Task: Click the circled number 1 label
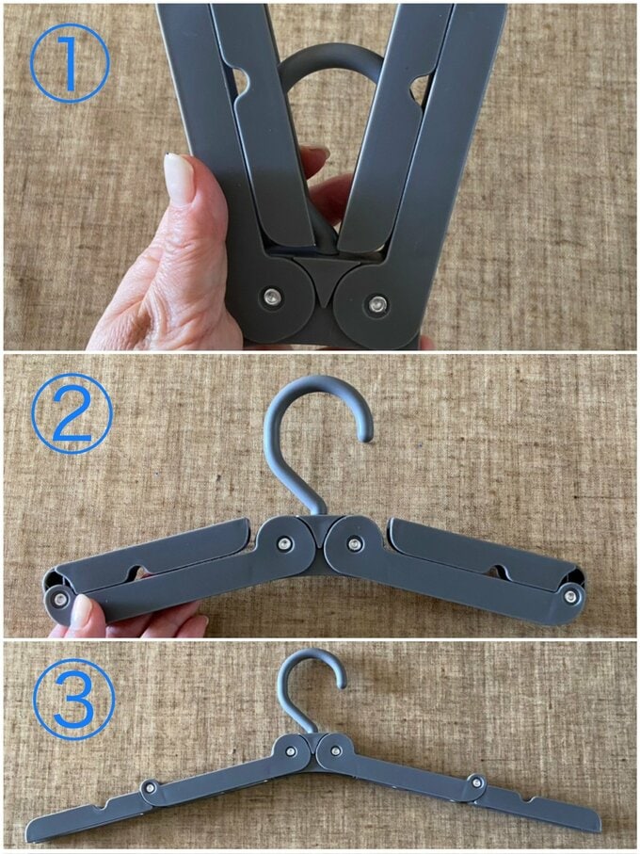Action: tap(69, 63)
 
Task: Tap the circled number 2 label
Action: tap(72, 413)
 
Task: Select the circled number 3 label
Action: tap(74, 700)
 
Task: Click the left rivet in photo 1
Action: tap(270, 298)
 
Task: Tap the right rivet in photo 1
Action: tap(376, 303)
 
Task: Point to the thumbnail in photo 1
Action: tap(180, 178)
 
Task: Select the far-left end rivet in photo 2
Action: tap(58, 600)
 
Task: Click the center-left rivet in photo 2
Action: tap(283, 543)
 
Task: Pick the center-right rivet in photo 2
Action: tap(355, 543)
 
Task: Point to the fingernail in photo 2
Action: tap(82, 611)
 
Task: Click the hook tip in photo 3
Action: tap(341, 682)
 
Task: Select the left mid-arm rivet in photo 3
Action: tap(150, 786)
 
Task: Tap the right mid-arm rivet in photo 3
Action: tap(478, 782)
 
